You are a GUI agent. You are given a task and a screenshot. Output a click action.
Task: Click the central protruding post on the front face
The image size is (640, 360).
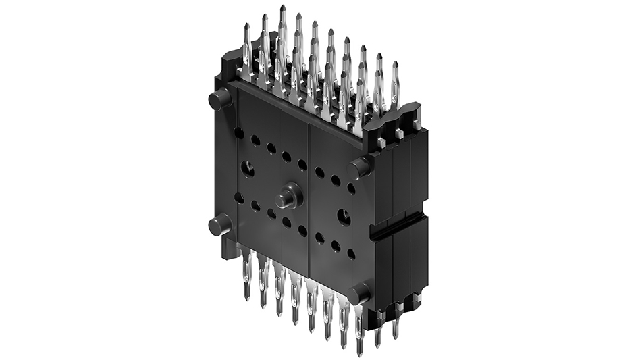click(288, 198)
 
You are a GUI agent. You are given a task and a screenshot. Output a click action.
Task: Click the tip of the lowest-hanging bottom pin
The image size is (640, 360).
click(359, 352)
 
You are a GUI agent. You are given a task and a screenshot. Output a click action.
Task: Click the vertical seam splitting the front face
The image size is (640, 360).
click(309, 203)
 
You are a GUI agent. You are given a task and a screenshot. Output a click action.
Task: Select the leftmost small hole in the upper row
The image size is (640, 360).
click(239, 132)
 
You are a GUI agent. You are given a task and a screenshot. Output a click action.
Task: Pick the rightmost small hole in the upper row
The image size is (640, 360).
click(351, 188)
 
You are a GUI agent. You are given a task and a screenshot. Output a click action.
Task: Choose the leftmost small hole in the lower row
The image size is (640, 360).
click(239, 197)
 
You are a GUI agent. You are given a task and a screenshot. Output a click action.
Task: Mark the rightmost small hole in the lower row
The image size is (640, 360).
click(351, 254)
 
